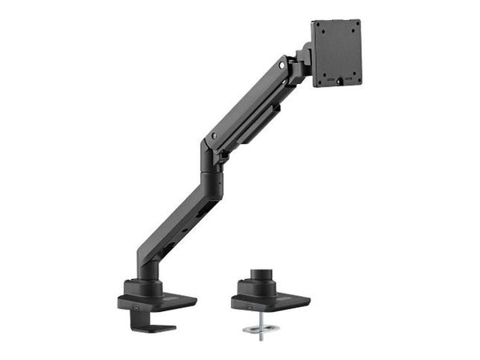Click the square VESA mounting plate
pyautogui.click(x=336, y=53)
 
